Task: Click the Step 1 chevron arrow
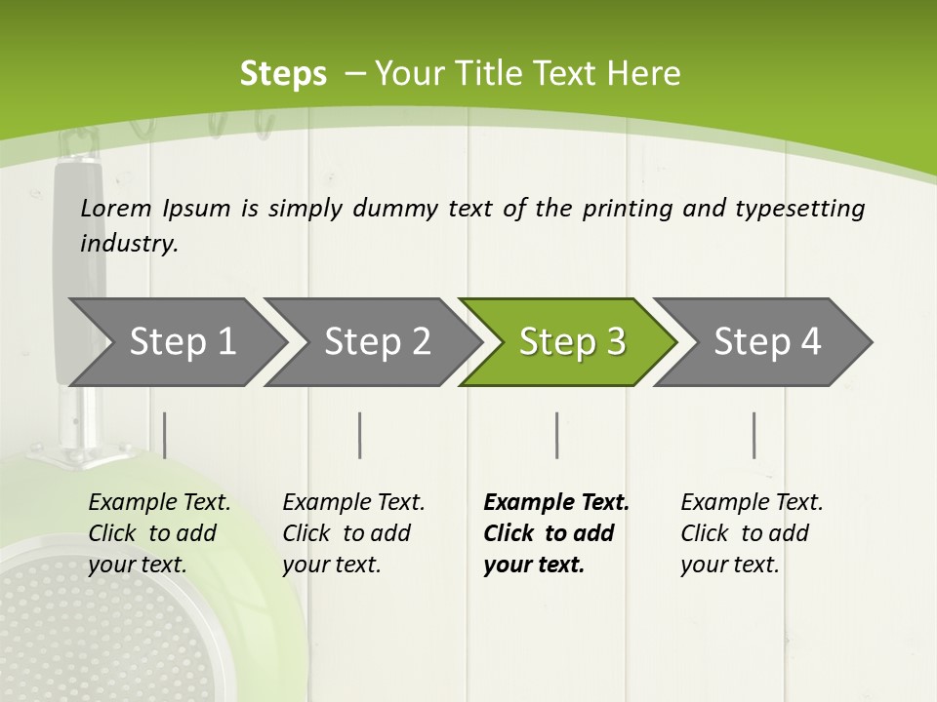pyautogui.click(x=182, y=342)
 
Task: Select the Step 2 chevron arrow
pyautogui.click(x=377, y=342)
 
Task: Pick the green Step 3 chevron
pyautogui.click(x=572, y=342)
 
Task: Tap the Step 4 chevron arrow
pyautogui.click(x=767, y=342)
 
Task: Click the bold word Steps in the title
pyautogui.click(x=283, y=74)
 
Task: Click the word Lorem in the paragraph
pyautogui.click(x=116, y=208)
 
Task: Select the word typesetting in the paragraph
pyautogui.click(x=799, y=208)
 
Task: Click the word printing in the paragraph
pyautogui.click(x=626, y=208)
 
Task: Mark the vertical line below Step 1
pyautogui.click(x=165, y=435)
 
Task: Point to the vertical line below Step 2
pyautogui.click(x=360, y=435)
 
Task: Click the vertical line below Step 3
pyautogui.click(x=557, y=435)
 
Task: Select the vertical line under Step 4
pyautogui.click(x=754, y=435)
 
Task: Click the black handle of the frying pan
pyautogui.click(x=78, y=263)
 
